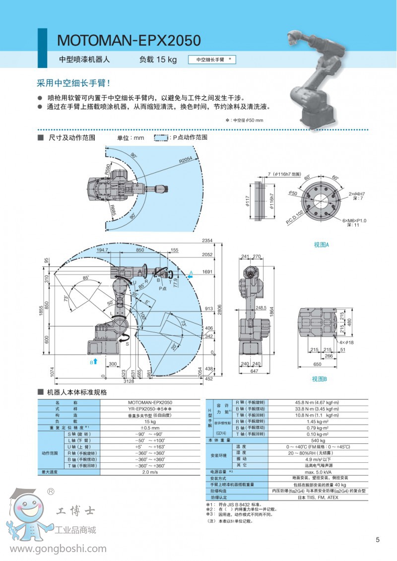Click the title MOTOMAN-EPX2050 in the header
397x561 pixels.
pos(129,40)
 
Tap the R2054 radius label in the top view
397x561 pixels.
pos(186,159)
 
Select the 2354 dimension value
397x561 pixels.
pos(207,241)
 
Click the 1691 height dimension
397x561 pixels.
pos(207,272)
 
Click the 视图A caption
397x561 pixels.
pos(322,245)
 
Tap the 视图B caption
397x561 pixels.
pos(320,379)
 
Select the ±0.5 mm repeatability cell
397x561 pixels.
pos(150,428)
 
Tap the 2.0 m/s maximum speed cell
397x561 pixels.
pos(150,472)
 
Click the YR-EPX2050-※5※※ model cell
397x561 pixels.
pos(150,408)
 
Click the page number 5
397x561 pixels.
pos(378,540)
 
